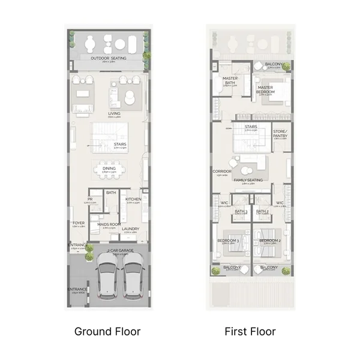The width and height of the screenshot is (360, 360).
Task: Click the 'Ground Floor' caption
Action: (107, 331)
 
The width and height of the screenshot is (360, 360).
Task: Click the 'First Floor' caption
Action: (250, 331)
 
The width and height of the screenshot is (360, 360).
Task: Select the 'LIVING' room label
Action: (114, 113)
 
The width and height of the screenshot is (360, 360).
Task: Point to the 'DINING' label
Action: (109, 169)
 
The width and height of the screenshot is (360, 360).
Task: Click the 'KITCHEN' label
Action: (133, 199)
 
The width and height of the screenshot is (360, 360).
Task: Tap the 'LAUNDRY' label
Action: (130, 229)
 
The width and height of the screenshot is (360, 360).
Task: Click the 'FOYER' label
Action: (79, 223)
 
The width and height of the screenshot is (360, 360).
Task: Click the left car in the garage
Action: (105, 278)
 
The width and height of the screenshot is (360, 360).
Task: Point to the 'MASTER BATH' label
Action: (230, 81)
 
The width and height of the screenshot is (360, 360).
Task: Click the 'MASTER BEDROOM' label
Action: (266, 89)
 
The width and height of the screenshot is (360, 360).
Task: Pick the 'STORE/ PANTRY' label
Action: (280, 134)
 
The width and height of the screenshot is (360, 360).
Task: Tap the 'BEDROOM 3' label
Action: (228, 241)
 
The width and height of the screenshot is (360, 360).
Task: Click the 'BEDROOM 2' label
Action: (268, 241)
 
